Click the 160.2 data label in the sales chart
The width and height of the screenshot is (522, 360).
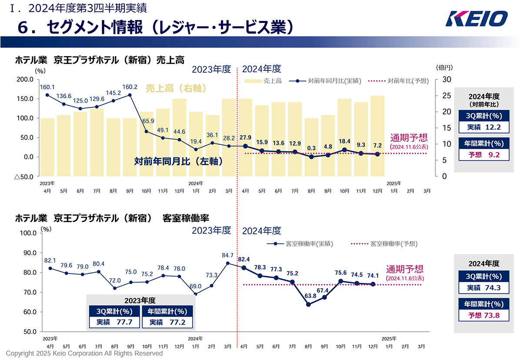coord(130,87)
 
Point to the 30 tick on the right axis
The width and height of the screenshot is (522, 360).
coord(446,80)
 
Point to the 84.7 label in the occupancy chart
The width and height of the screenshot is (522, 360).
coord(228,255)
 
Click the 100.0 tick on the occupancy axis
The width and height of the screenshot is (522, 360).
coord(28,233)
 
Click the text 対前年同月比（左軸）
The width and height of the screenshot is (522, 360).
coord(178,161)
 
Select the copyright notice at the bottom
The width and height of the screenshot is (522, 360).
coord(84,353)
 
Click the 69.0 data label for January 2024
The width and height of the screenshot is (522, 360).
coord(196,287)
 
